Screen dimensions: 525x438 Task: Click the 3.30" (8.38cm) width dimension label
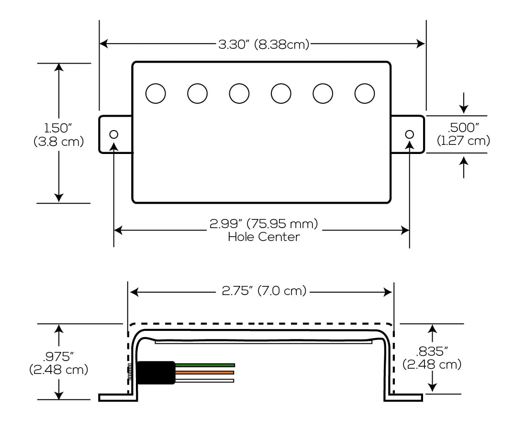pyautogui.click(x=264, y=44)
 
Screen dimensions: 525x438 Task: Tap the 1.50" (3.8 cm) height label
pyautogui.click(x=58, y=134)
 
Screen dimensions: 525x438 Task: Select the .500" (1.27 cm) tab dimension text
pyautogui.click(x=463, y=134)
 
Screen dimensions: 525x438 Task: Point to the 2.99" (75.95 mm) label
pyautogui.click(x=264, y=223)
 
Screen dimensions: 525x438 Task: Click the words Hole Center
pyautogui.click(x=264, y=237)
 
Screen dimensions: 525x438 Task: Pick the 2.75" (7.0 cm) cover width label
pyautogui.click(x=264, y=291)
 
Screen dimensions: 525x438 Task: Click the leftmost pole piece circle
pyautogui.click(x=156, y=93)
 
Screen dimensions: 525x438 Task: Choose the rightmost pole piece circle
pyautogui.click(x=365, y=93)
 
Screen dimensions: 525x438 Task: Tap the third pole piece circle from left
pyautogui.click(x=239, y=93)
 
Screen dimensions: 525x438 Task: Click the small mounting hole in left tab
pyautogui.click(x=114, y=134)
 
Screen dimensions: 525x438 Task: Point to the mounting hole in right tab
pyautogui.click(x=410, y=134)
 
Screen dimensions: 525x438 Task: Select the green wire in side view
pyautogui.click(x=205, y=365)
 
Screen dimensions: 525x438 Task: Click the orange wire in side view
pyautogui.click(x=204, y=372)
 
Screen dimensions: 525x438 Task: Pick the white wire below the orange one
pyautogui.click(x=204, y=381)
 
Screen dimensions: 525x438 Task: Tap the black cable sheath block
pyautogui.click(x=156, y=373)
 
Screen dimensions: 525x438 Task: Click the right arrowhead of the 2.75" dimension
pyautogui.click(x=388, y=292)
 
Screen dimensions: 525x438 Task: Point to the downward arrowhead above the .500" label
pyautogui.click(x=463, y=109)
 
